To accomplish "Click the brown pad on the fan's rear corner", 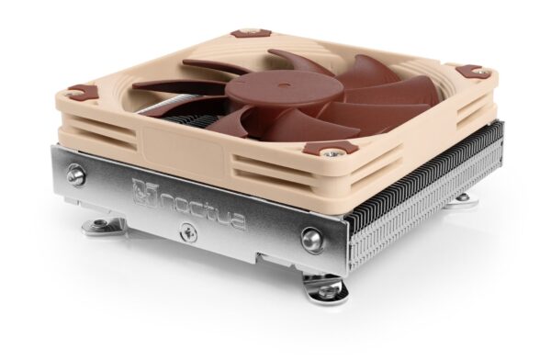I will (245, 34).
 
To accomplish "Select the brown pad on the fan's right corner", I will (470, 72).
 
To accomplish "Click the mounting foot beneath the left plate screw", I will (107, 225).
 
